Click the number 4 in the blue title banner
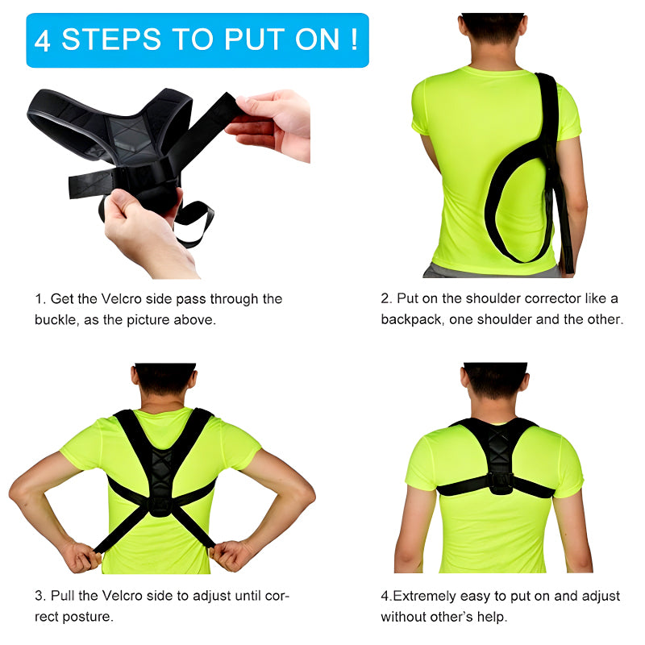[x=43, y=40]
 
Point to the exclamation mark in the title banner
[x=353, y=39]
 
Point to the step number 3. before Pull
[x=40, y=597]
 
